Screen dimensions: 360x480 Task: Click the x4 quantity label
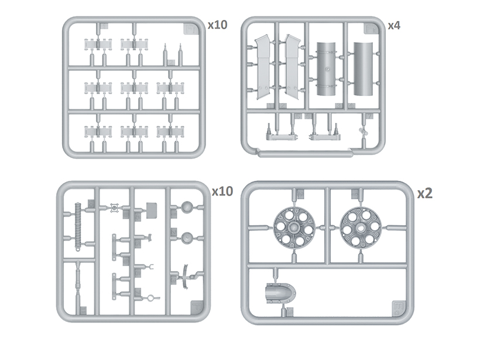point(394,25)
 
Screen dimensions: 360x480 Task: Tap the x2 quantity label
point(424,194)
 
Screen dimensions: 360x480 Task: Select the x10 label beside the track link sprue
point(217,25)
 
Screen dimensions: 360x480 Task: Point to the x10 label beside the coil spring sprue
point(222,191)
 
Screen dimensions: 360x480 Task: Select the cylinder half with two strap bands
point(328,69)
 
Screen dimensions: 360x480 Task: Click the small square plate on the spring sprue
point(151,207)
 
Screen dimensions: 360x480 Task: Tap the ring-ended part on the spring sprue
point(153,297)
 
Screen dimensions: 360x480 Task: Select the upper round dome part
point(187,207)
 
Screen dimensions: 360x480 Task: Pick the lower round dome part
point(187,237)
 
